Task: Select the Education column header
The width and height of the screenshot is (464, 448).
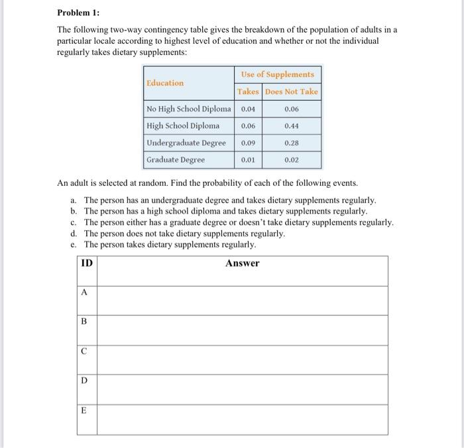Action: pyautogui.click(x=165, y=83)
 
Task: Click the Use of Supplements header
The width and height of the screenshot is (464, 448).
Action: pyautogui.click(x=278, y=74)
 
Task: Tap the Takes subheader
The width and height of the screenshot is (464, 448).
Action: pyautogui.click(x=249, y=92)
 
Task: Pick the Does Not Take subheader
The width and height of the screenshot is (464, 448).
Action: pyautogui.click(x=292, y=92)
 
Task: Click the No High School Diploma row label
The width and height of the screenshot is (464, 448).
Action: pyautogui.click(x=189, y=109)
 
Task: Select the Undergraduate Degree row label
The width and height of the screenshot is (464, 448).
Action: pyautogui.click(x=186, y=143)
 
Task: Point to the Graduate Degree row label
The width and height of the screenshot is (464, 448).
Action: pyautogui.click(x=176, y=160)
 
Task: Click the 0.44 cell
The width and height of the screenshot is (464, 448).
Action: pyautogui.click(x=292, y=125)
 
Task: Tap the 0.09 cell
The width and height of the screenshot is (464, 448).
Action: pyautogui.click(x=249, y=143)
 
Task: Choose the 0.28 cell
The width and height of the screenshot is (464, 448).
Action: pyautogui.click(x=292, y=143)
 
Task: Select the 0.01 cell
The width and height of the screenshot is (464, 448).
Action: pyautogui.click(x=249, y=160)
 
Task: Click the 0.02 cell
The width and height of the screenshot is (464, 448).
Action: pyautogui.click(x=292, y=160)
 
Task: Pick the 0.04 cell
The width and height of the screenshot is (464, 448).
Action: pyautogui.click(x=249, y=109)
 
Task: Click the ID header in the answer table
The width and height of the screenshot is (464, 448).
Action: pyautogui.click(x=86, y=263)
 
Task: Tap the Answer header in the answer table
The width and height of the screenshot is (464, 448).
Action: pyautogui.click(x=242, y=263)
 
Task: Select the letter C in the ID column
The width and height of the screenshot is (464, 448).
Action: pyautogui.click(x=84, y=352)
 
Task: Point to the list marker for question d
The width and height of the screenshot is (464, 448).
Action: pyautogui.click(x=73, y=234)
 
